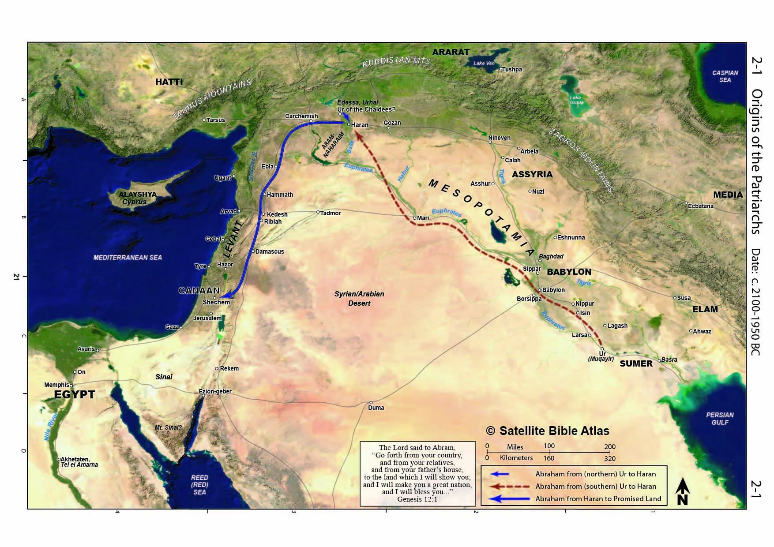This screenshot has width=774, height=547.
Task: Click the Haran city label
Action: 359,125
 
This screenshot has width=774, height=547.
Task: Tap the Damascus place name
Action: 270,251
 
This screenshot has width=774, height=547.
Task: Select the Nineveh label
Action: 499,138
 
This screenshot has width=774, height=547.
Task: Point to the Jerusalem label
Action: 207,318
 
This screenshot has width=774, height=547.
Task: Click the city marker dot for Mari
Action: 414,218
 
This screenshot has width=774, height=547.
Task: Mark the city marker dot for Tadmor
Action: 318,212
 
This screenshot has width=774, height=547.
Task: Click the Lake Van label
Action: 484,63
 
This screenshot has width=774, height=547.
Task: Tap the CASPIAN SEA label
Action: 725,76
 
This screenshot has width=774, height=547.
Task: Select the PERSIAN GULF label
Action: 720,419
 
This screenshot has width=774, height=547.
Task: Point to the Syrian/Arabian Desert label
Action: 359,299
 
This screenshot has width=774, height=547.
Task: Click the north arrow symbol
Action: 683,491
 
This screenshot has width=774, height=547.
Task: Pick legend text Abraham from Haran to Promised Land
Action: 598,499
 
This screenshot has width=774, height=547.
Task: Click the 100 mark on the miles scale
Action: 549,446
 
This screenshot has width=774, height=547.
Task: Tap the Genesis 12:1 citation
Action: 417,499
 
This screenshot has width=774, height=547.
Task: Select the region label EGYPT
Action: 75,394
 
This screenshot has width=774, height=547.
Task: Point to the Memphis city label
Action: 56,385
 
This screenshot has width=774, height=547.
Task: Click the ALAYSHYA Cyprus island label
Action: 137,198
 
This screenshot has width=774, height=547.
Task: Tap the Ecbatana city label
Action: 701,206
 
